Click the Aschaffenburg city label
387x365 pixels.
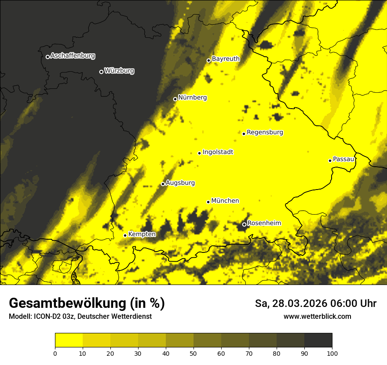pos(73,56)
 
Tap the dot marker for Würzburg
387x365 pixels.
pos(101,72)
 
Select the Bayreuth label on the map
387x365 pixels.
pos(226,58)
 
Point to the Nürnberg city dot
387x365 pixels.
pos(175,99)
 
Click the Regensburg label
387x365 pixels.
pos(265,132)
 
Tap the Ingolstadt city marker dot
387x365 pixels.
pos(199,153)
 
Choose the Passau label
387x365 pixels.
pos(343,159)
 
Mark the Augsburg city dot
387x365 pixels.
pos(163,184)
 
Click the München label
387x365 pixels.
pos(225,201)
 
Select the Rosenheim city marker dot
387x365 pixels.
pos(244,224)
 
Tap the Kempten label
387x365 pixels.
pos(142,234)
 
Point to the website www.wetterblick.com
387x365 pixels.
pos(318,316)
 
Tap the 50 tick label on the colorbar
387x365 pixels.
pos(193,353)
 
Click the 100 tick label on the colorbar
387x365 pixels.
pos(332,353)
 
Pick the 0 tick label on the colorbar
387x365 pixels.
pos(55,353)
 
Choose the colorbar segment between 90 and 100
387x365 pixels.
pos(318,340)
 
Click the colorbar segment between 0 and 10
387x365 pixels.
pos(69,340)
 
